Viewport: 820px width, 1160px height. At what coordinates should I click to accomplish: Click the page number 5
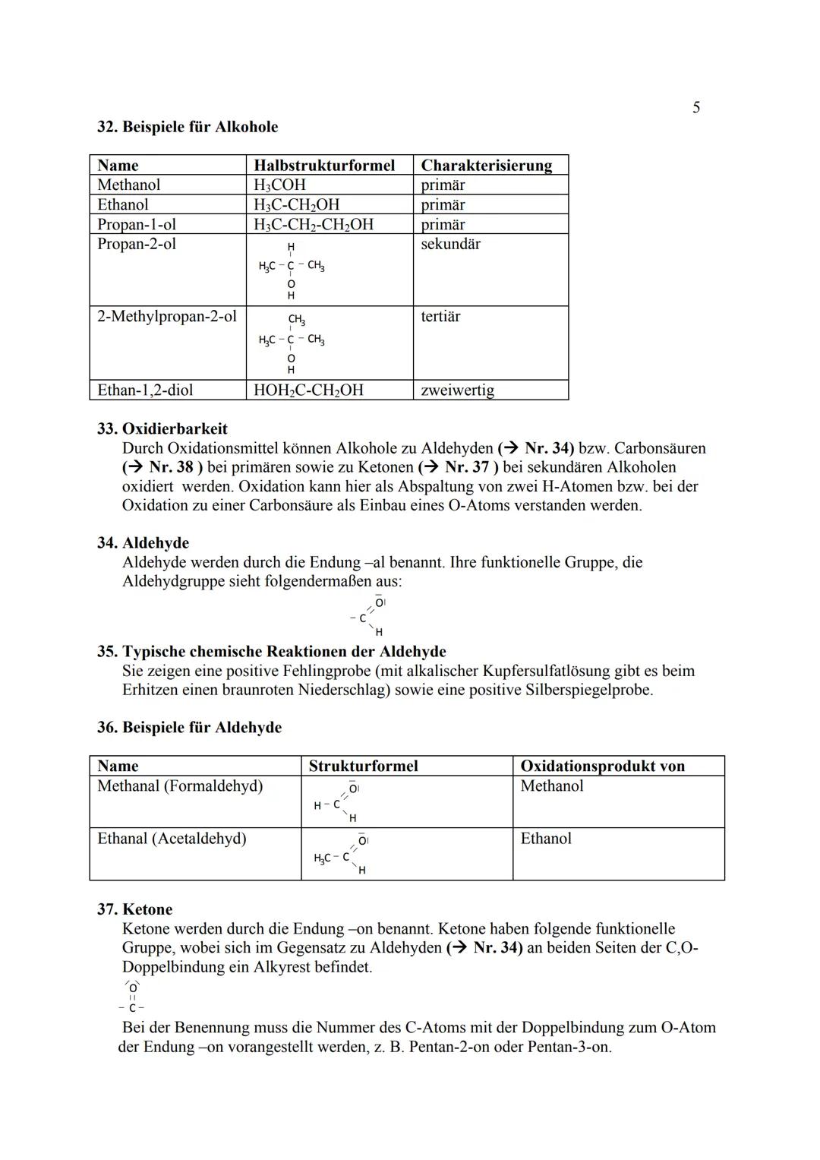(x=695, y=108)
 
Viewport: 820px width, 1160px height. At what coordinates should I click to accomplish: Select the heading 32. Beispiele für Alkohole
(x=188, y=127)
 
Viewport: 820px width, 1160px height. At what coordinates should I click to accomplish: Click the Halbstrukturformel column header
(x=324, y=166)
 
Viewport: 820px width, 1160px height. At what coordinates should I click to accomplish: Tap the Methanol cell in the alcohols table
(x=129, y=185)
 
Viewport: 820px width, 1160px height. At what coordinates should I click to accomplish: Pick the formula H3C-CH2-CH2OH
(x=314, y=225)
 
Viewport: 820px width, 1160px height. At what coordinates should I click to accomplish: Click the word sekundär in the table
(x=450, y=245)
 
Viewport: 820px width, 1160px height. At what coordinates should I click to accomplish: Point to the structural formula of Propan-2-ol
(x=292, y=270)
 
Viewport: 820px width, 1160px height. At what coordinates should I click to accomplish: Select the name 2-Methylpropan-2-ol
(x=167, y=317)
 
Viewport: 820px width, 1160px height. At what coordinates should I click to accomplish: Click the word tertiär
(x=440, y=317)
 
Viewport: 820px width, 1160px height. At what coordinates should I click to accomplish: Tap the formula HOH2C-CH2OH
(x=308, y=390)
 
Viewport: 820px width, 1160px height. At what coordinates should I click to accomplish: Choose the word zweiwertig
(x=457, y=390)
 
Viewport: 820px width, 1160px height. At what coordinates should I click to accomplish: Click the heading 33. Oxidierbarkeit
(x=162, y=429)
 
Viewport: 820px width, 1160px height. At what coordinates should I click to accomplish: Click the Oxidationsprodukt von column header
(x=602, y=766)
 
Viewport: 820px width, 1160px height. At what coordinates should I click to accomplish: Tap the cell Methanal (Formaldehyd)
(x=180, y=786)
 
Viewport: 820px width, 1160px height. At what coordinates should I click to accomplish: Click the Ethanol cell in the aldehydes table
(x=546, y=839)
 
